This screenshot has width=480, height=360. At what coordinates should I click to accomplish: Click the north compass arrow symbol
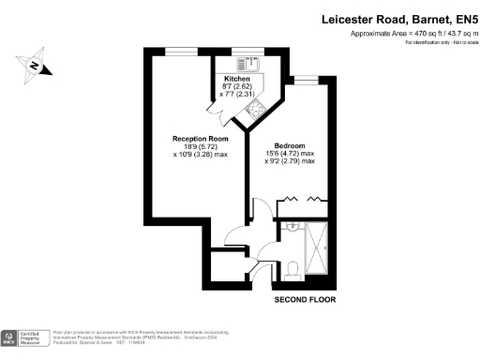point(34,65)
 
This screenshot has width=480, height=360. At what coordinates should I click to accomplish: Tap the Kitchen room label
point(235,79)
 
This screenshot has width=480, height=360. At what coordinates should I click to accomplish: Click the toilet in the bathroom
point(292,269)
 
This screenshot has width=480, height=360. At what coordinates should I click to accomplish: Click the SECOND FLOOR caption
point(305,300)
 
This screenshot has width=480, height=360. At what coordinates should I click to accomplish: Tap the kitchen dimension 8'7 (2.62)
point(234,87)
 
